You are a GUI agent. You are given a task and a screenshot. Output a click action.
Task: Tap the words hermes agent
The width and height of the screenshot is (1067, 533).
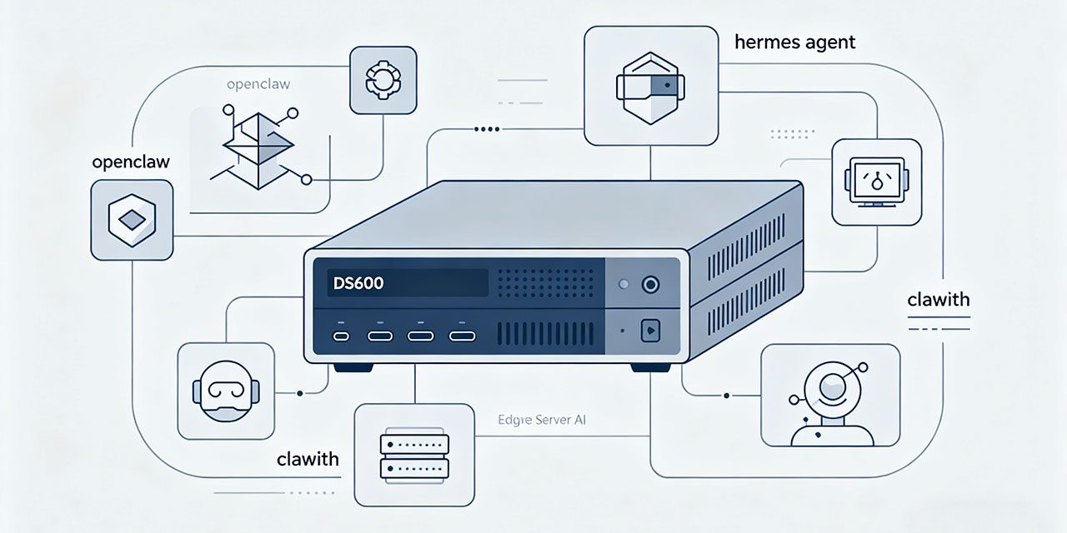794,42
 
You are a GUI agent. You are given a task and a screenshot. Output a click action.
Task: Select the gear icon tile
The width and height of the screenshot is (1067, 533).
383,80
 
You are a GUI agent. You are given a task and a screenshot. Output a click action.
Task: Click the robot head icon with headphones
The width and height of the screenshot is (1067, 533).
225,390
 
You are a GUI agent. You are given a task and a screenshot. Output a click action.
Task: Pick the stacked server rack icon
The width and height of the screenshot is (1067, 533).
414,456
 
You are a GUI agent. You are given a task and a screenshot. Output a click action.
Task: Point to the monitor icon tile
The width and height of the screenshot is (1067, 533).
876,182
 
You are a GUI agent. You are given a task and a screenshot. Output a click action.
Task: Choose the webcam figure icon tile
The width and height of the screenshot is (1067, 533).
830,395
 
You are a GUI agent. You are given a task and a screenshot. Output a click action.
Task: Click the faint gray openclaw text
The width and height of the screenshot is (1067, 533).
258,85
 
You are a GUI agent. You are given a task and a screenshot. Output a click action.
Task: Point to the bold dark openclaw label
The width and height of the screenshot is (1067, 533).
131,162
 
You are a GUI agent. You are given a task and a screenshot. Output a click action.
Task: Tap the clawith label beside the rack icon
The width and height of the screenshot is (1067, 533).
308,459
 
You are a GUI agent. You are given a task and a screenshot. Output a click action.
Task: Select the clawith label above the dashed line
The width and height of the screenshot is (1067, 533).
939,300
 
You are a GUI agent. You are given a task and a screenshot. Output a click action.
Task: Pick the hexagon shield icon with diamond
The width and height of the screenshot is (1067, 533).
132,219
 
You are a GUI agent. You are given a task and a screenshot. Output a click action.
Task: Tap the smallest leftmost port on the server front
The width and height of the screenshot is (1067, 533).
341,336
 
